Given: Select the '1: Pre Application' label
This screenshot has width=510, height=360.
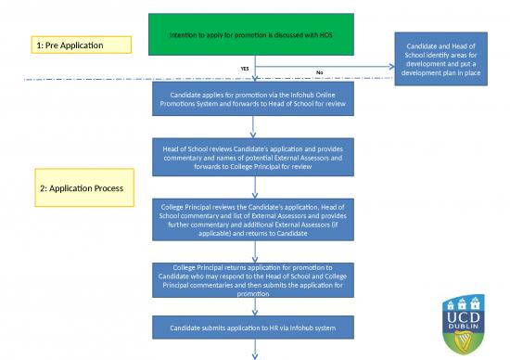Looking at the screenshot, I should (x=68, y=45).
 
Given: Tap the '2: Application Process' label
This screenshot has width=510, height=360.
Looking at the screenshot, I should (x=82, y=188).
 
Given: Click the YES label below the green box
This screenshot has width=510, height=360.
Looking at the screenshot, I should (x=245, y=69).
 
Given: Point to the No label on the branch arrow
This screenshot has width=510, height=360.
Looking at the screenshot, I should (x=320, y=72).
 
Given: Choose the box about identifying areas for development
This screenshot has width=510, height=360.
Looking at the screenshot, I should (x=440, y=58).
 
